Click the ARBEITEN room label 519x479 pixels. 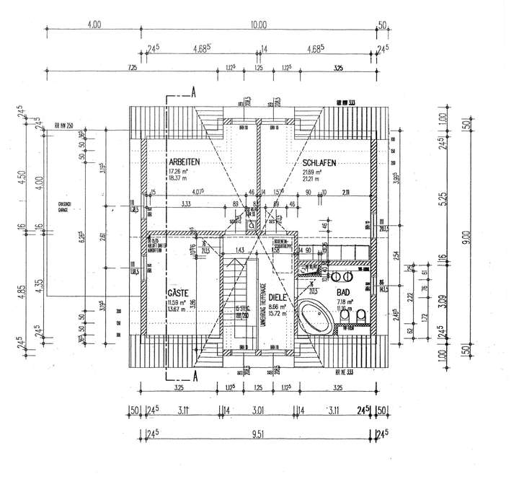point(185,163)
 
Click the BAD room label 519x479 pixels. point(344,293)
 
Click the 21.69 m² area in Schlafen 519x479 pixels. point(311,172)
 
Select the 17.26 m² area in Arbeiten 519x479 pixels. point(179,172)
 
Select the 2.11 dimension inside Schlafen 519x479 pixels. point(347,192)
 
